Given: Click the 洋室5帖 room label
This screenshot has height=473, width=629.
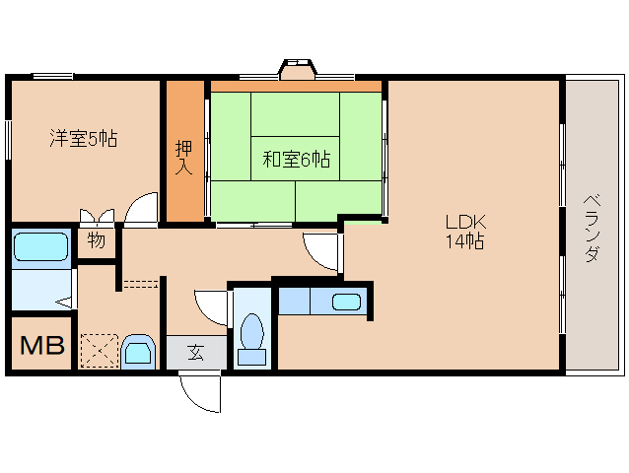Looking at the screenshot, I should click(84, 139).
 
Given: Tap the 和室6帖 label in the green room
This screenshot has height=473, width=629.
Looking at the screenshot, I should click(296, 159).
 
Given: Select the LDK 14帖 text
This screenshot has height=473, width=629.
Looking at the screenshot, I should click(462, 231).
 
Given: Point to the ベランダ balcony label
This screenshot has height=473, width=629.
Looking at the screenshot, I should click(592, 226).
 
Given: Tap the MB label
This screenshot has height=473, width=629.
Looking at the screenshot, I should click(42, 346).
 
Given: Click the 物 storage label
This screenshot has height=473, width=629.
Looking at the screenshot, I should click(96, 239).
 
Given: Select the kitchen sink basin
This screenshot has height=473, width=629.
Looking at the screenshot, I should click(346, 302).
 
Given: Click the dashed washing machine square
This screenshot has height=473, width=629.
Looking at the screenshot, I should click(99, 350).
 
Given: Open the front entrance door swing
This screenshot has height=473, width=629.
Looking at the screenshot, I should click(202, 394).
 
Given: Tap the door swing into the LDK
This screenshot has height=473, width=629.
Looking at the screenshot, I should click(322, 252).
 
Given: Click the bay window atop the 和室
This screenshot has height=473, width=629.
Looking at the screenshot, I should click(297, 70).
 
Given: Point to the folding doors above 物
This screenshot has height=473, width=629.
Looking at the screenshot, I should click(97, 217).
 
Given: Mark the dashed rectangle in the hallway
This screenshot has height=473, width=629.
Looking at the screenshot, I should click(141, 285).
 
